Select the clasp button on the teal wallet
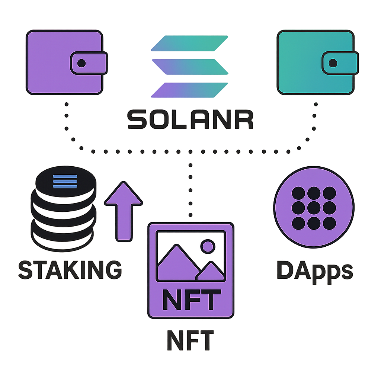[333, 63]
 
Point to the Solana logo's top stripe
[190, 43]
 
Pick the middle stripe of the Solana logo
[190, 67]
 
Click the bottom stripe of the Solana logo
[190, 90]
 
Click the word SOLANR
[190, 119]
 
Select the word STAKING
[70, 270]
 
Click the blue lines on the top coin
[65, 181]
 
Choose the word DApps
[315, 270]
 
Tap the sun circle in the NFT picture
[207, 246]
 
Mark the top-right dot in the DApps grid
[329, 193]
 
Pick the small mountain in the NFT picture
[211, 272]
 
